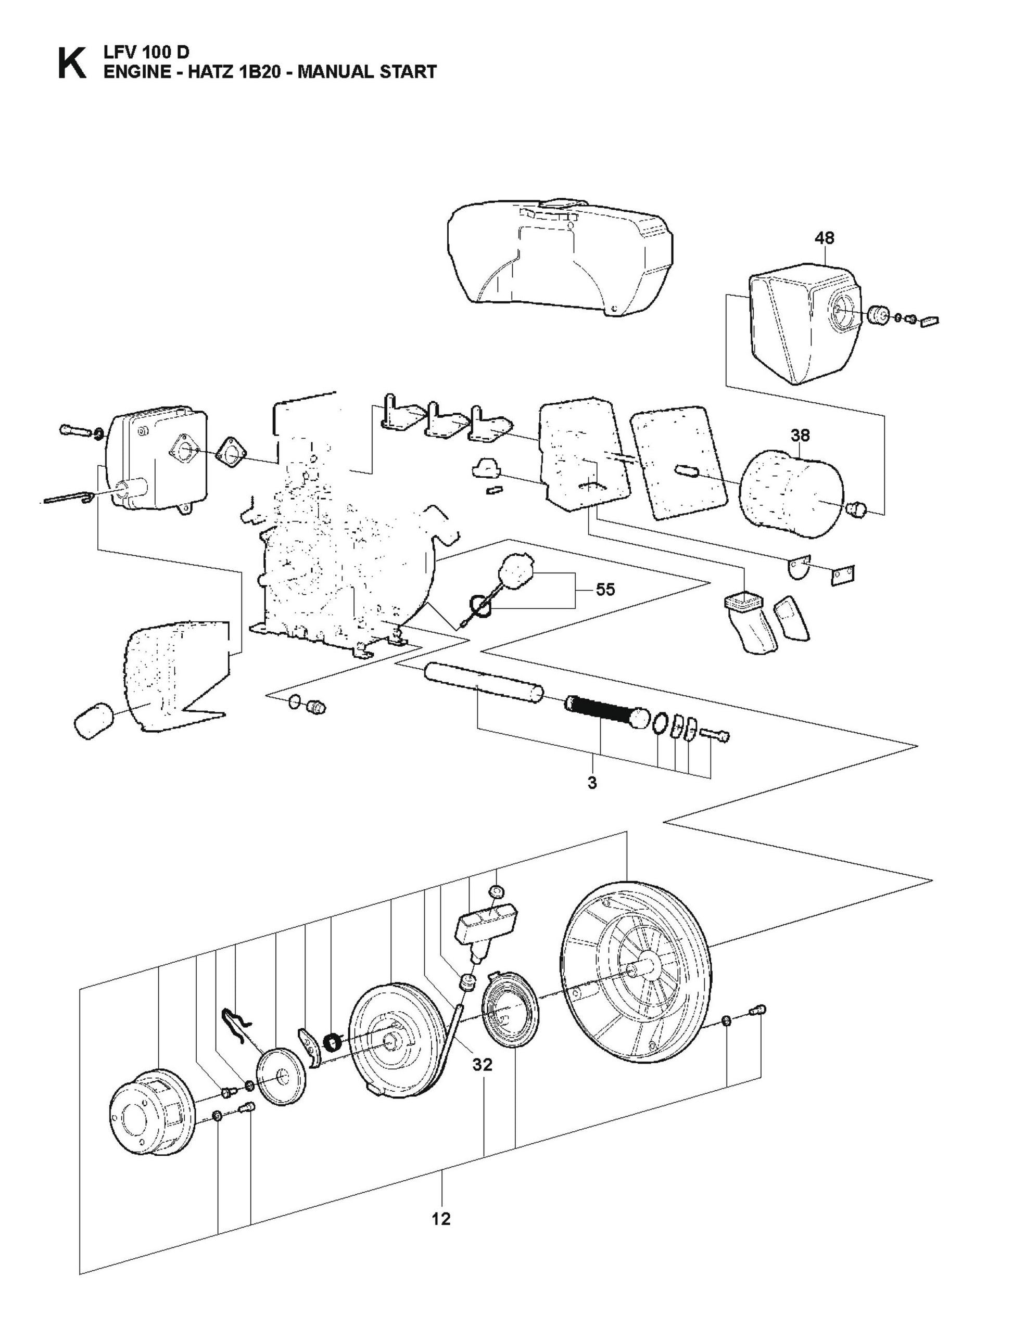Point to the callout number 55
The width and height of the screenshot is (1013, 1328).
[x=605, y=590]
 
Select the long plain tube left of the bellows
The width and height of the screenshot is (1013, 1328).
[x=483, y=681]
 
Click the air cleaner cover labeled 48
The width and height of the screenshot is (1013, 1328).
[x=796, y=326]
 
